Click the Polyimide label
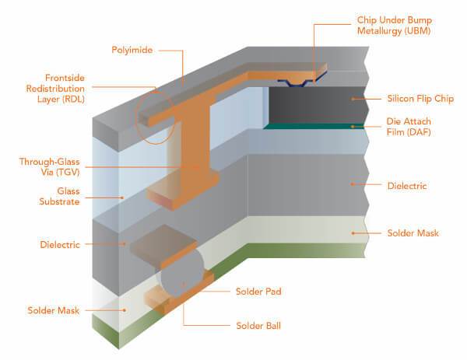tap(132, 50)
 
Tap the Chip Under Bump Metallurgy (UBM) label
tap(395, 26)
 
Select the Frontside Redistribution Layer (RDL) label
tap(55, 89)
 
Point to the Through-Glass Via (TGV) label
tap(50, 166)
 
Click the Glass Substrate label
tap(60, 196)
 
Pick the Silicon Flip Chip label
tap(420, 99)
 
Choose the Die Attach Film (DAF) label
tap(409, 127)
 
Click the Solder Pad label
tap(258, 292)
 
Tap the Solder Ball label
tap(258, 326)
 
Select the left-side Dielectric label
tap(60, 245)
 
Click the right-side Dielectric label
tap(407, 186)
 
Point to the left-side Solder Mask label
tap(54, 310)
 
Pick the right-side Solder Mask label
tap(413, 233)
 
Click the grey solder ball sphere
tap(181, 274)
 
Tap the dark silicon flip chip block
tap(316, 105)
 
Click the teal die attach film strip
tap(314, 127)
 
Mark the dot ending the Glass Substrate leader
tap(122, 197)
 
